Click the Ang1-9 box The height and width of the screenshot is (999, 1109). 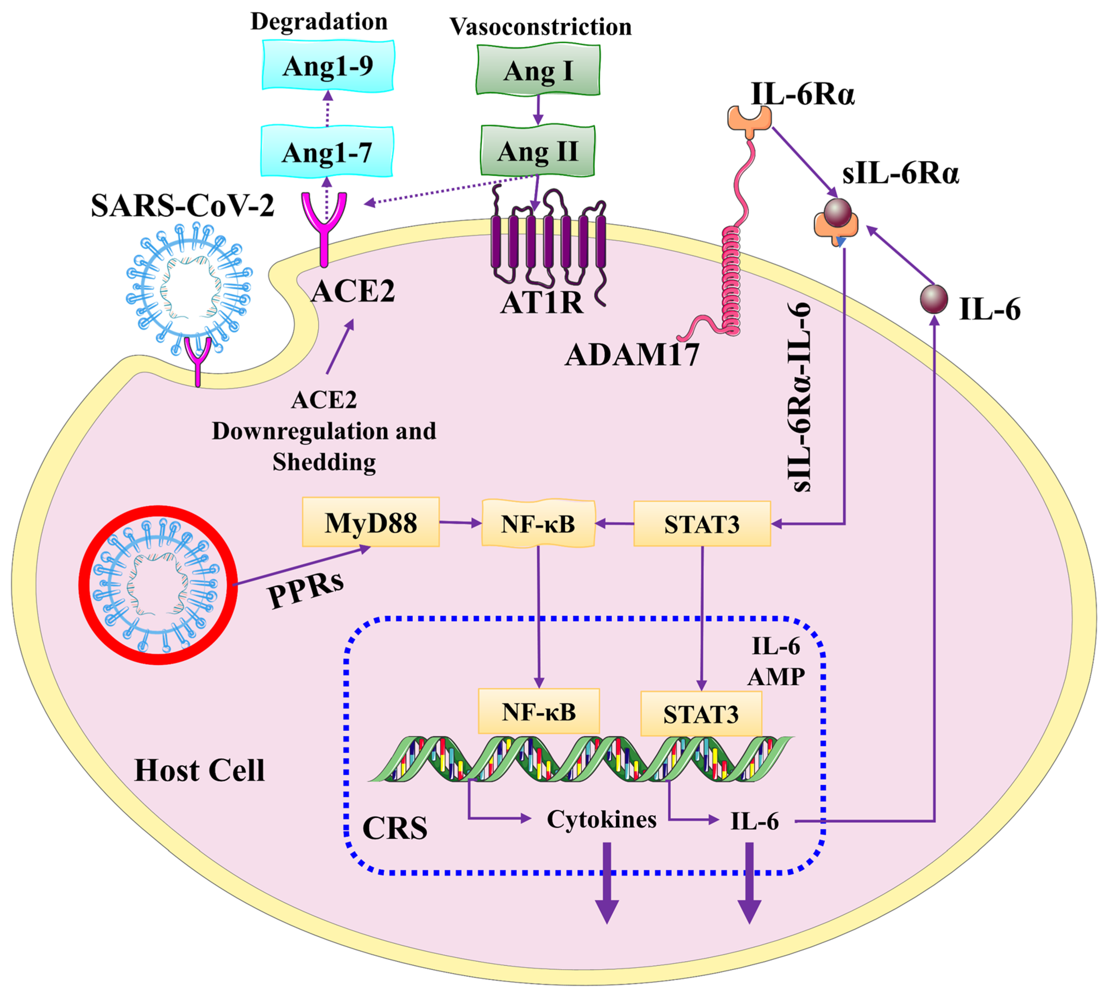[x=328, y=66]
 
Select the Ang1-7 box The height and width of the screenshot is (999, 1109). [x=327, y=152]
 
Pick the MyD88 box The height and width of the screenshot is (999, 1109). [x=371, y=522]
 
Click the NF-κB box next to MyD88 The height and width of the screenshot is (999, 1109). [x=538, y=524]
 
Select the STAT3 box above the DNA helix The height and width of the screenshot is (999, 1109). [x=701, y=714]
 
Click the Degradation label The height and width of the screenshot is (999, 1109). [x=319, y=21]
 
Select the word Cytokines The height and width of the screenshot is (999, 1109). [x=602, y=820]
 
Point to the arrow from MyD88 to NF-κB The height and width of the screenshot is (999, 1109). [x=460, y=522]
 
